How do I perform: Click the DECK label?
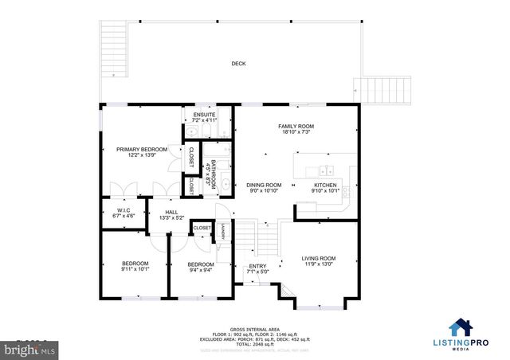coord(238,64)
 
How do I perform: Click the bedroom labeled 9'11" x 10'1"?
coord(134,266)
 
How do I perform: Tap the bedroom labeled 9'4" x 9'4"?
coord(200,267)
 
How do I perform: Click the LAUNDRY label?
coord(224,233)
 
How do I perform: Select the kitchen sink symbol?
coord(326,170)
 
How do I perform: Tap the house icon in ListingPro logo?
coord(461,327)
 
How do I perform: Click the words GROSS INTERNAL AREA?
coord(255,328)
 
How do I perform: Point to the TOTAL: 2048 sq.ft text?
coord(255,345)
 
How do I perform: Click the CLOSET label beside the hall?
coord(202,228)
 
